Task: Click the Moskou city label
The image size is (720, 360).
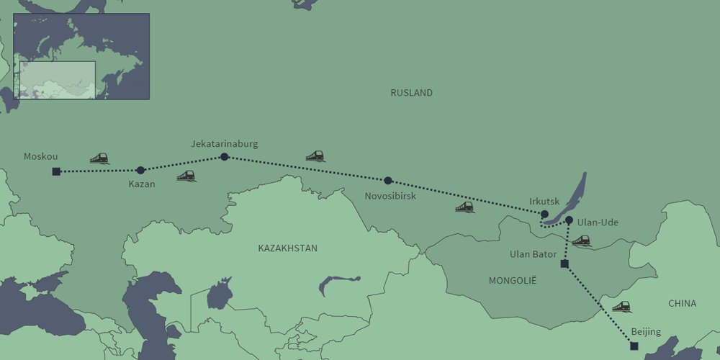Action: pyautogui.click(x=40, y=156)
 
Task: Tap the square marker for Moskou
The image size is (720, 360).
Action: pyautogui.click(x=56, y=171)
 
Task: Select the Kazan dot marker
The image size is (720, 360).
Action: pyautogui.click(x=140, y=171)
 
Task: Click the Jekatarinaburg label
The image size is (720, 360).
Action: pyautogui.click(x=224, y=144)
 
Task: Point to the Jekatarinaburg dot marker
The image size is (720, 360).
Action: pyautogui.click(x=224, y=157)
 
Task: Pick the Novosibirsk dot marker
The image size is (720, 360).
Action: pyautogui.click(x=388, y=181)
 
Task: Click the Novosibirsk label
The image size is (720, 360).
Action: pyautogui.click(x=390, y=196)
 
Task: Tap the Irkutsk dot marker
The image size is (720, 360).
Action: pyautogui.click(x=544, y=214)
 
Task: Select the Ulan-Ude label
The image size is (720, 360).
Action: pyautogui.click(x=598, y=222)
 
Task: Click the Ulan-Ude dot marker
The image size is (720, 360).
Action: pyautogui.click(x=569, y=220)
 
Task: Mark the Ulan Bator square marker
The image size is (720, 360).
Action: pyautogui.click(x=564, y=264)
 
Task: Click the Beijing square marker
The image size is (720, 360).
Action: pyautogui.click(x=634, y=346)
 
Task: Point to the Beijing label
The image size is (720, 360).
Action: pyautogui.click(x=645, y=332)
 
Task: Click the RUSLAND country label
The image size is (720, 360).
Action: pyautogui.click(x=412, y=93)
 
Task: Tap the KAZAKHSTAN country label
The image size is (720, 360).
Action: pyautogui.click(x=287, y=248)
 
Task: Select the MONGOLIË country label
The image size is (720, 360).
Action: pyautogui.click(x=513, y=280)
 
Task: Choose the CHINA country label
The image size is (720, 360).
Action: pyautogui.click(x=682, y=303)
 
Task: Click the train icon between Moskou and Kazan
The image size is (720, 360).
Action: pyautogui.click(x=99, y=158)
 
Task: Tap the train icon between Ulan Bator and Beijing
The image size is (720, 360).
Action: pyautogui.click(x=621, y=307)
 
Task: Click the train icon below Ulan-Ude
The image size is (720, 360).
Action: pyautogui.click(x=581, y=240)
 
